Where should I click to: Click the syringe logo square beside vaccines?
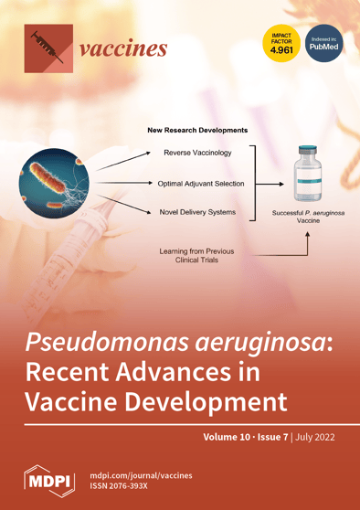(48, 48)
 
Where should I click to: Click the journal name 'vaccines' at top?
(123, 48)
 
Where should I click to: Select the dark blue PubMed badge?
(323, 44)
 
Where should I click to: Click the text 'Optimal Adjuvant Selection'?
(201, 184)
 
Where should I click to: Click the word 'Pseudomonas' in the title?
(105, 344)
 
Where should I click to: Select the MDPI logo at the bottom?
(49, 480)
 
